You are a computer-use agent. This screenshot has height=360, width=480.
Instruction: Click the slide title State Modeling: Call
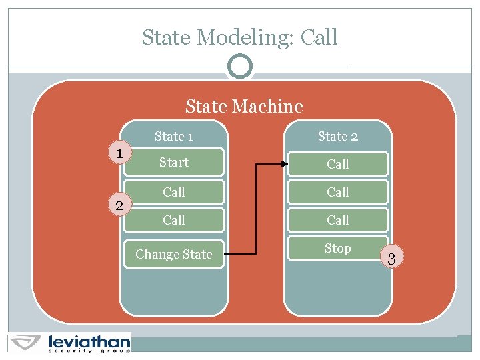239,37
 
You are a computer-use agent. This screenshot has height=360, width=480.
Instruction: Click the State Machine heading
244,106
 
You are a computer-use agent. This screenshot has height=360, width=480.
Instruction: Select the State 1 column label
173,137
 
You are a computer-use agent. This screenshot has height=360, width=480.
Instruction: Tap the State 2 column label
337,137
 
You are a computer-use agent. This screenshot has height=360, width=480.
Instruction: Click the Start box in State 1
173,163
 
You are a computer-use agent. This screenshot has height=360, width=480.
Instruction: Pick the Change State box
173,254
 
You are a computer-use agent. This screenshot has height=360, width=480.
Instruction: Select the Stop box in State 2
337,249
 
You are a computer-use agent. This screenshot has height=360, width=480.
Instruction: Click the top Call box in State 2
337,164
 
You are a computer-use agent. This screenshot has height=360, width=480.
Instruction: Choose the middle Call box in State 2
337,192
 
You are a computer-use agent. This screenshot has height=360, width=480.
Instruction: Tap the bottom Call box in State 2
337,220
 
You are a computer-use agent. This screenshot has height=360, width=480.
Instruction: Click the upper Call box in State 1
173,192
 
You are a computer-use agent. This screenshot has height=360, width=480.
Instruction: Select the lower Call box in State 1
173,220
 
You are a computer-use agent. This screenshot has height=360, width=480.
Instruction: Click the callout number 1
119,154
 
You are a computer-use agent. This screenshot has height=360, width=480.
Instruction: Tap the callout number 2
119,205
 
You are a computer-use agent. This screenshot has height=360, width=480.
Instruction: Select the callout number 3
392,259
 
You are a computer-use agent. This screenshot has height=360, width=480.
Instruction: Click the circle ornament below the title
239,67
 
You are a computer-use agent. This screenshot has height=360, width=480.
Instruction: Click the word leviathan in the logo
89,341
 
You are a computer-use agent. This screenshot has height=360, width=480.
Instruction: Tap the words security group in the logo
89,350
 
